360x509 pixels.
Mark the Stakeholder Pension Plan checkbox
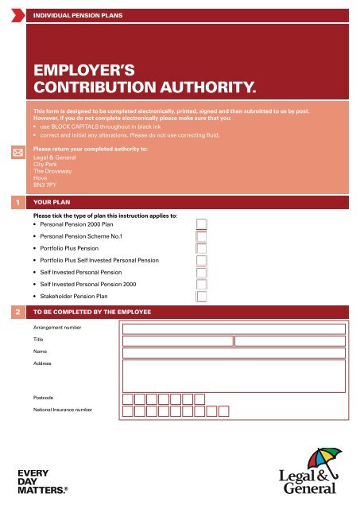(202, 297)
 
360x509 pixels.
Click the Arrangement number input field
(234, 328)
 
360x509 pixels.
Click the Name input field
(234, 352)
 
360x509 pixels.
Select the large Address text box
(234, 376)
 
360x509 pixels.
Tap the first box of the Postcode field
(128, 398)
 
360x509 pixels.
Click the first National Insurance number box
(128, 411)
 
